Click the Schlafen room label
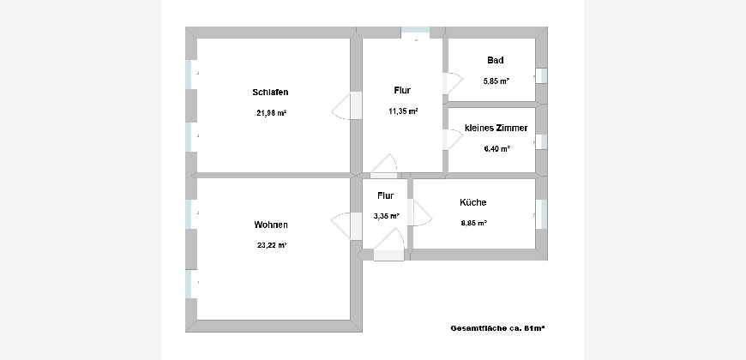270,93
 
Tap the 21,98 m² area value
271,113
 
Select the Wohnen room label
271,225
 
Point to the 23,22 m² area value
271,245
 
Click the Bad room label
496,60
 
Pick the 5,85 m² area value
496,81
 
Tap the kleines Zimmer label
496,128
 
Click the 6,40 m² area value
497,148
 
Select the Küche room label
473,202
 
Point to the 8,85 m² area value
474,223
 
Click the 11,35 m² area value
403,111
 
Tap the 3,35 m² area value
387,216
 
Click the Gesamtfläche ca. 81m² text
497,328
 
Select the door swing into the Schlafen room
341,105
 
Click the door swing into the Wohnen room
340,225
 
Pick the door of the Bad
453,84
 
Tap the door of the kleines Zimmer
453,140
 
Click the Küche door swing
423,213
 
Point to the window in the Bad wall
541,76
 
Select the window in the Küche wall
541,214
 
